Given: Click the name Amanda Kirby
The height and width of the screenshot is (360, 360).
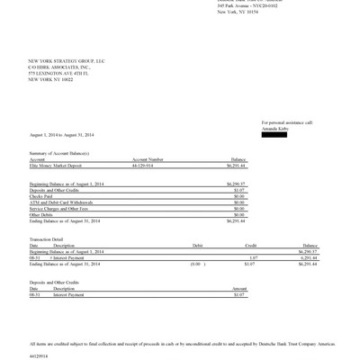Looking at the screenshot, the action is (x=274, y=128).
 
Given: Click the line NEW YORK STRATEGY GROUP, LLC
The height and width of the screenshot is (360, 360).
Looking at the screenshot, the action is (x=67, y=60).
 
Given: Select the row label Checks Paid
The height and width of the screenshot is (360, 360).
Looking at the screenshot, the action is (x=41, y=195).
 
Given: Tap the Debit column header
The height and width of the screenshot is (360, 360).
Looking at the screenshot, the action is (x=198, y=244).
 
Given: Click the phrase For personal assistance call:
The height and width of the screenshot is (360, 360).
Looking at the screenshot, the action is (x=287, y=122).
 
